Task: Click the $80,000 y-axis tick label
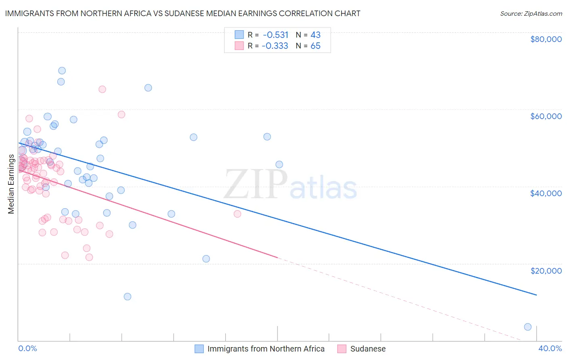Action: (x=546, y=39)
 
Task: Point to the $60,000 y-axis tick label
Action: (x=546, y=116)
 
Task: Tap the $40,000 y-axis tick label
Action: (x=546, y=193)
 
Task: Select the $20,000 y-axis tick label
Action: (x=546, y=270)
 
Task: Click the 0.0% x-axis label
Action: (x=27, y=348)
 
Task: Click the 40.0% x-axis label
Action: (x=550, y=348)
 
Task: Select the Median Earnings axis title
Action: (x=11, y=184)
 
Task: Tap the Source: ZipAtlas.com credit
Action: (x=531, y=13)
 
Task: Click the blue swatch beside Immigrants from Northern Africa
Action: (x=199, y=349)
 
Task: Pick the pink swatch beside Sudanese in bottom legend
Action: (x=342, y=349)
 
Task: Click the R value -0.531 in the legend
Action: (x=275, y=35)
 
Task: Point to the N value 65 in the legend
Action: (x=315, y=46)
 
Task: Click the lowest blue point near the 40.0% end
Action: (x=527, y=327)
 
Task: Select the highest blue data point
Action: (x=62, y=71)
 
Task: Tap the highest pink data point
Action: (x=102, y=89)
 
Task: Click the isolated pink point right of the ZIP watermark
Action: (x=238, y=214)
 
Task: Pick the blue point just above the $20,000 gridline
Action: (x=206, y=259)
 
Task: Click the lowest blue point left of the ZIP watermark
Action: (x=127, y=297)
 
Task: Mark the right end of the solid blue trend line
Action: (x=536, y=295)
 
